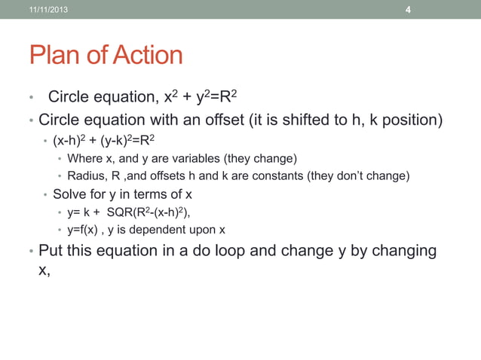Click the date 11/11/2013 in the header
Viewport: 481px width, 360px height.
(x=47, y=9)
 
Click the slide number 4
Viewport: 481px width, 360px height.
(x=408, y=10)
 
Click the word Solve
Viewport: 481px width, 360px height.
(x=69, y=194)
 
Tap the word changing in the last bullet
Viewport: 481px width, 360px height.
(x=399, y=250)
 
